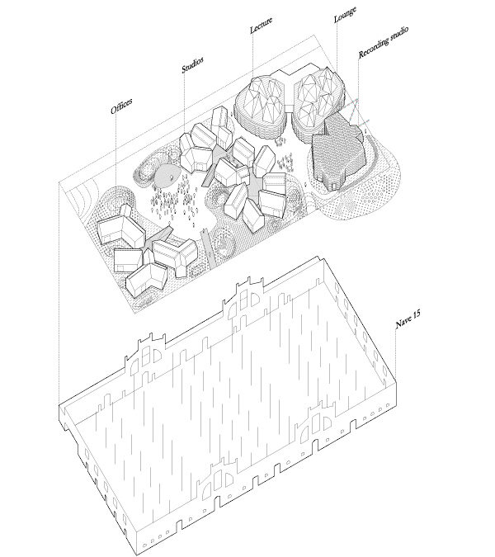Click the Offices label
[121, 106]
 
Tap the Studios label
[192, 64]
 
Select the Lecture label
[261, 25]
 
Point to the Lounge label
[345, 15]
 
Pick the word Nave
[404, 321]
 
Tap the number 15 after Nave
[417, 314]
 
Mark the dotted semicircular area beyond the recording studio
[365, 191]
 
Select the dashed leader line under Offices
[116, 149]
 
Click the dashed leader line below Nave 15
[395, 351]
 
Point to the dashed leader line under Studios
[185, 102]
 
